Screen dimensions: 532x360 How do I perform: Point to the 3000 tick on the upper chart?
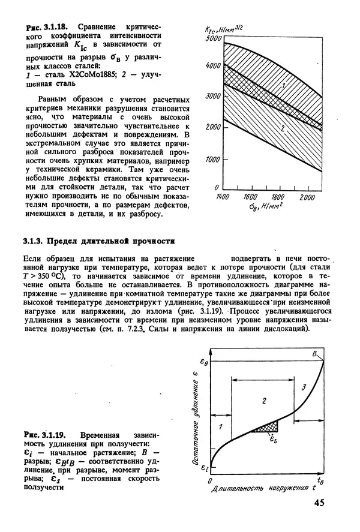(x=212, y=97)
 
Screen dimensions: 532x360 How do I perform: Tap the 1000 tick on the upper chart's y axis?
(x=212, y=160)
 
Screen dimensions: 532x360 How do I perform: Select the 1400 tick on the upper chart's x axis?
(x=222, y=197)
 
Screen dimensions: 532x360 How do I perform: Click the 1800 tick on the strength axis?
(x=277, y=197)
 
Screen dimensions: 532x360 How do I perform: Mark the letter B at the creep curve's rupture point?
(x=314, y=354)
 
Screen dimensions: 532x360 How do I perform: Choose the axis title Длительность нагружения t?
(x=263, y=489)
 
